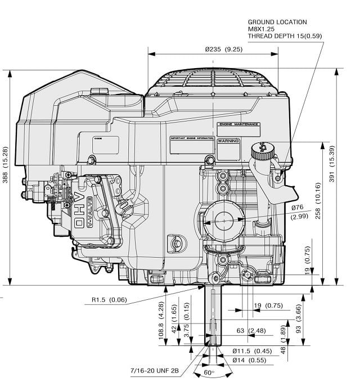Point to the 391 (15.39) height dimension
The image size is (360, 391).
click(347, 176)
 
